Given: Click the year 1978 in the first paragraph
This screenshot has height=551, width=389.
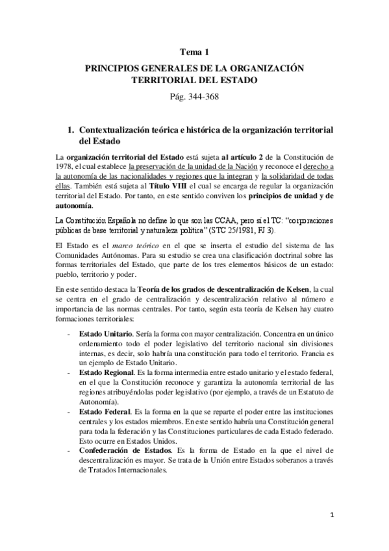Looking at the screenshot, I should [x=66, y=167].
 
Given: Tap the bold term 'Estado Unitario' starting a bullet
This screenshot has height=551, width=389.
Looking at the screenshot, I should [x=103, y=333].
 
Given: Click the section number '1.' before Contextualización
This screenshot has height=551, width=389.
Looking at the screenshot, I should [x=71, y=130].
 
